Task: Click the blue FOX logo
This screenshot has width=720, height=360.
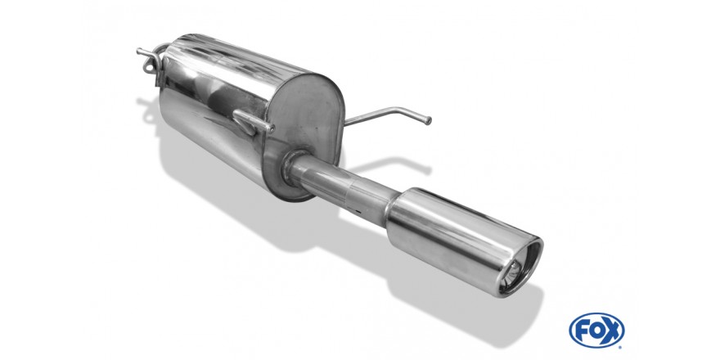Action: pyautogui.click(x=596, y=331)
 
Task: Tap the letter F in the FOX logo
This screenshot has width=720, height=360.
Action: pyautogui.click(x=582, y=331)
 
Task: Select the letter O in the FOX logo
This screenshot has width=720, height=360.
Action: pyautogui.click(x=596, y=331)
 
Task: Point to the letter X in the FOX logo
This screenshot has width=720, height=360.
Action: pyautogui.click(x=612, y=331)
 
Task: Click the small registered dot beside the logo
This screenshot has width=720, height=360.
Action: pyautogui.click(x=621, y=347)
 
